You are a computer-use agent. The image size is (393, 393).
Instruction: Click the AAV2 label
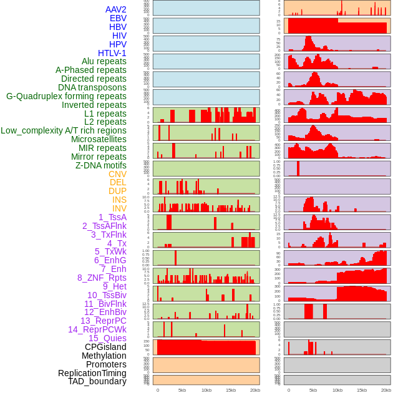tap(116, 9)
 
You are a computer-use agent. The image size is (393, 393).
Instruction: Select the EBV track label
tap(118, 18)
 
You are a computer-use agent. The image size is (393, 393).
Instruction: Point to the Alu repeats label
tap(104, 61)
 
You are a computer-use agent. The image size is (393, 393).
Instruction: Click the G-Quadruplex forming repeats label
tap(66, 96)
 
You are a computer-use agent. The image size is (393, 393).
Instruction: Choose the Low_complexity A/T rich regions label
tap(64, 130)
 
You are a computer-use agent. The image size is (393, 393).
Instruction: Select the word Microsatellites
tap(99, 139)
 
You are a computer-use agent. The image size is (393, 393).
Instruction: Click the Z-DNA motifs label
tap(101, 165)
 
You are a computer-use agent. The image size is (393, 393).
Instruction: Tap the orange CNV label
tap(117, 174)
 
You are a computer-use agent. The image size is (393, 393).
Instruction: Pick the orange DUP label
tap(117, 191)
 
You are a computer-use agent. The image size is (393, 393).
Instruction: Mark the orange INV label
tap(119, 208)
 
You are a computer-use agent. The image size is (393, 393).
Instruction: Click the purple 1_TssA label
tap(112, 217)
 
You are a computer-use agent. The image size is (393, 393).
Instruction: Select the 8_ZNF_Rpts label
tap(102, 278)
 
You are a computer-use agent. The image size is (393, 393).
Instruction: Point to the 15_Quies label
tap(107, 338)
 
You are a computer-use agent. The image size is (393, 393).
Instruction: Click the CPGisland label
tap(105, 347)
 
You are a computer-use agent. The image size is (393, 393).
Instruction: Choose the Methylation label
tap(104, 356)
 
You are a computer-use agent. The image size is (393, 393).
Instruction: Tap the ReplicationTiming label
tap(92, 373)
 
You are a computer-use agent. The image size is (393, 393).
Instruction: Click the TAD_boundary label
tap(97, 381)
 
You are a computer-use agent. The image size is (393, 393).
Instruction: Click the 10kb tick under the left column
tap(206, 390)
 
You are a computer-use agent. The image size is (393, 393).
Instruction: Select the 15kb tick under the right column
tap(361, 390)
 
